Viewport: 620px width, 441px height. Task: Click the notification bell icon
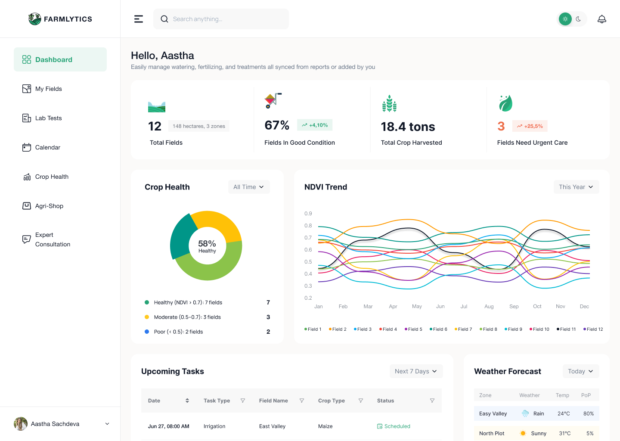[x=601, y=19]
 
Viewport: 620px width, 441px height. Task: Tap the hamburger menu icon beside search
[x=138, y=19]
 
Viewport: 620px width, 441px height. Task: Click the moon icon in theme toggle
[x=578, y=19]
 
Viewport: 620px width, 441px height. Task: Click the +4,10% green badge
[x=315, y=125]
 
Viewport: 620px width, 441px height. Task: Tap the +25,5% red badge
[x=530, y=126]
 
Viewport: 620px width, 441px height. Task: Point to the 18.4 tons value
[x=408, y=127]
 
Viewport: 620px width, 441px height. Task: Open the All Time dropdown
[x=248, y=187]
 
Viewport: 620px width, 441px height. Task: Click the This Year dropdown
[x=576, y=187]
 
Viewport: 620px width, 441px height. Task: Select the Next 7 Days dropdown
[x=416, y=371]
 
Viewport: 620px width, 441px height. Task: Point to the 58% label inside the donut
[x=207, y=244]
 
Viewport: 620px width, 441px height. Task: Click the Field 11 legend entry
[x=566, y=329]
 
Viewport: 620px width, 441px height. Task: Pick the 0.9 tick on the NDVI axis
[x=308, y=214]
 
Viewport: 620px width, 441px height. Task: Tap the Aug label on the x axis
[x=489, y=307]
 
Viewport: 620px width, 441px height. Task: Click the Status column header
[x=385, y=401]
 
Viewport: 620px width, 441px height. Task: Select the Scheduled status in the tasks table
[x=394, y=426]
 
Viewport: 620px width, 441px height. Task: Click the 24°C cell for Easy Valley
[x=564, y=413]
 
